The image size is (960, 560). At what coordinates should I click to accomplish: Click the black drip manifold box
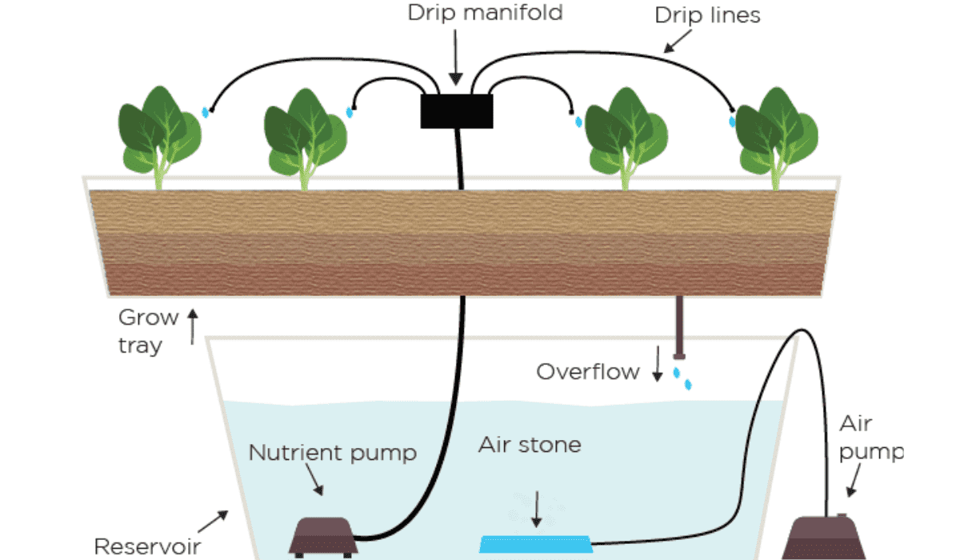456,110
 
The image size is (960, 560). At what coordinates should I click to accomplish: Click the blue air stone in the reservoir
535,544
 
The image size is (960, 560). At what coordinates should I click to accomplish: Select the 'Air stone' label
530,445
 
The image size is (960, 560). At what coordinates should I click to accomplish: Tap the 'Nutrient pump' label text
332,453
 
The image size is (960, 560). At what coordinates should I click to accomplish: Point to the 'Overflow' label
588,372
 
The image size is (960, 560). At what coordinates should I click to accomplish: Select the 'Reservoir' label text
146,546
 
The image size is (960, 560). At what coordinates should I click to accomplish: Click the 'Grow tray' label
148,331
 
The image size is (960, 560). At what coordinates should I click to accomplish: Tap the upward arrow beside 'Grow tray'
192,328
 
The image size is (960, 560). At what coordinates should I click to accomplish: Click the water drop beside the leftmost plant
206,112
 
